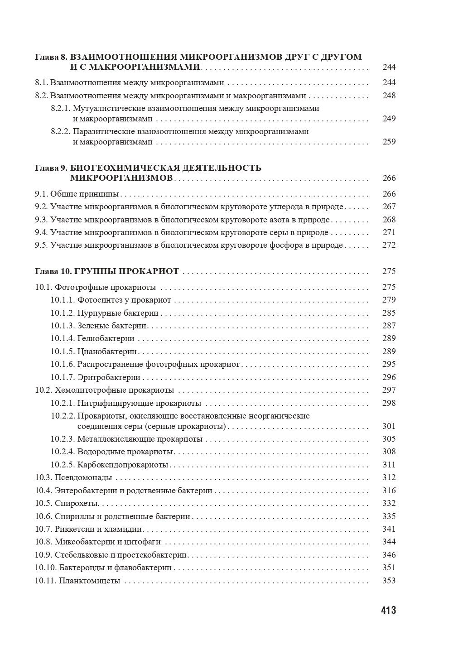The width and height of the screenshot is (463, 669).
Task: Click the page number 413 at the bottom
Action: pyautogui.click(x=388, y=610)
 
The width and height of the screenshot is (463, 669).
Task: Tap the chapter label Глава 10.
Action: pyautogui.click(x=53, y=271)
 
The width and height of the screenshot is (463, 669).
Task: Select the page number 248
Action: pyautogui.click(x=389, y=96)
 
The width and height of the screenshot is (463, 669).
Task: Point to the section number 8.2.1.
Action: pyautogui.click(x=61, y=109)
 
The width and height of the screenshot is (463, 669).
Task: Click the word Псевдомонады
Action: pyautogui.click(x=83, y=477)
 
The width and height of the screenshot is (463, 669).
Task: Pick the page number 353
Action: pyautogui.click(x=389, y=581)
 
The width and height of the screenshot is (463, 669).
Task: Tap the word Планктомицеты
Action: pyautogui.click(x=90, y=581)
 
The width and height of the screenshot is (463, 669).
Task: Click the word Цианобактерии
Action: pyautogui.click(x=107, y=351)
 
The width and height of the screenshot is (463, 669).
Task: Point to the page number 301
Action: pyautogui.click(x=389, y=426)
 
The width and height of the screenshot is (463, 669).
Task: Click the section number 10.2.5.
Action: pyautogui.click(x=63, y=465)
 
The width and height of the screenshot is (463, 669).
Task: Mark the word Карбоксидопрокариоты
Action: pyautogui.click(x=123, y=465)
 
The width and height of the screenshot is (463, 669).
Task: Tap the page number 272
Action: pyautogui.click(x=389, y=245)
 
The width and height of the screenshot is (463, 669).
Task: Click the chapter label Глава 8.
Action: pyautogui.click(x=51, y=57)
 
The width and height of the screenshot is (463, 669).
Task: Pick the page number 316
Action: pyautogui.click(x=389, y=491)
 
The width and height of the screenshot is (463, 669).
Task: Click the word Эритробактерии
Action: pyautogui.click(x=109, y=377)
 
